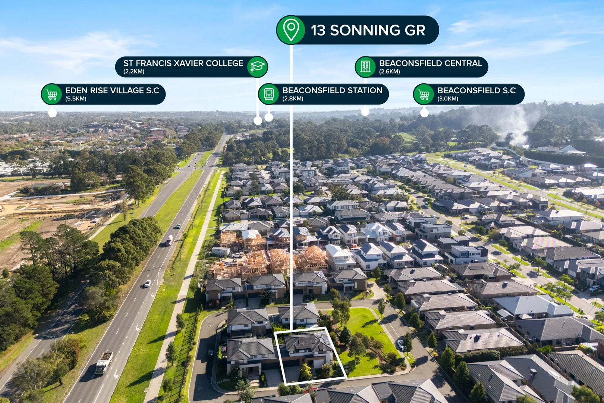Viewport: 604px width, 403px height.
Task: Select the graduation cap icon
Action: tap(257, 67)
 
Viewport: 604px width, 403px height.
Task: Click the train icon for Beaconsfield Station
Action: tap(268, 94)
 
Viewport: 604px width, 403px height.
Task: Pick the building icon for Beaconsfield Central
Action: tap(365, 67)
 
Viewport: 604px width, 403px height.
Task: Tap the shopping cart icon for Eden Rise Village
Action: tap(51, 94)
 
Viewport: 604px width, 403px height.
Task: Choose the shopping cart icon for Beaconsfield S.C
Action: tap(424, 94)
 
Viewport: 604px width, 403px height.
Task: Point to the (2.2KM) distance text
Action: tap(134, 72)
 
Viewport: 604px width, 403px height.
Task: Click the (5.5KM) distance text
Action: tap(76, 99)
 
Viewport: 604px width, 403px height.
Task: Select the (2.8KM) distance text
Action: tap(293, 99)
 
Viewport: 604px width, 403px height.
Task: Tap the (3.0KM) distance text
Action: tap(448, 99)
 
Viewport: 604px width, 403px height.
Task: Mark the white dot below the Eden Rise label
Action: tap(52, 113)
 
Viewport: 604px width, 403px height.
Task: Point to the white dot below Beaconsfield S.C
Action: tap(424, 113)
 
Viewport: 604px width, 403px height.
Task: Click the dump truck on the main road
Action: tap(104, 363)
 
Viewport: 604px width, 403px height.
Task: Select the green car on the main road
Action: tap(178, 226)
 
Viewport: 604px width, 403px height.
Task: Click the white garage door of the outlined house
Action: tap(319, 363)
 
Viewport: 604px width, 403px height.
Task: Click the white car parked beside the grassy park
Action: tap(401, 345)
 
